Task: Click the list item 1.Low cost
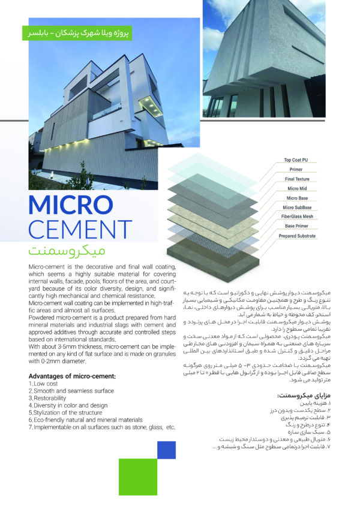(x=46, y=383)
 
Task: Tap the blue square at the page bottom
(x=166, y=450)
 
